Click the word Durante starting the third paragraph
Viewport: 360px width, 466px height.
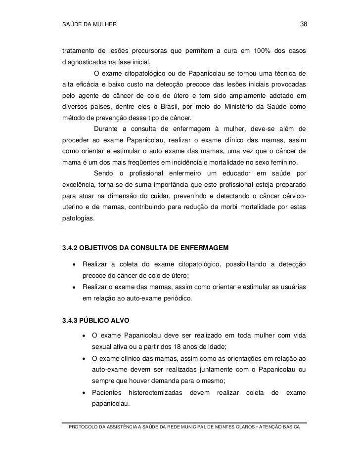(x=103, y=129)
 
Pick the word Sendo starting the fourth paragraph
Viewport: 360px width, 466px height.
(x=101, y=173)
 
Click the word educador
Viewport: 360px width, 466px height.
(x=232, y=173)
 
